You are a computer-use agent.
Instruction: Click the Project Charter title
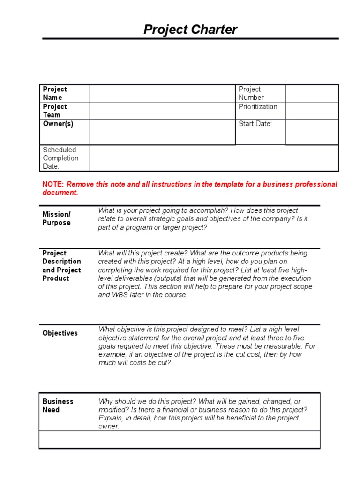[x=190, y=30]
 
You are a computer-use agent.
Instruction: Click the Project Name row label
[x=55, y=93]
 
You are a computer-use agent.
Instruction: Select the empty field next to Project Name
[x=162, y=93]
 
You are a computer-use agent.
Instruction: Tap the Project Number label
[x=251, y=93]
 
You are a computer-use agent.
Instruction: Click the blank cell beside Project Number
[x=312, y=93]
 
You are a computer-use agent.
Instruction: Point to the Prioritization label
[x=258, y=107]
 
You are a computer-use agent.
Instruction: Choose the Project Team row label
[x=55, y=111]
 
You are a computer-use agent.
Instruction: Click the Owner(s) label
[x=58, y=124]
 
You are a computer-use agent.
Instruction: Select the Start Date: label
[x=255, y=124]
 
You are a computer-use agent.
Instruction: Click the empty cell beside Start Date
[x=312, y=132]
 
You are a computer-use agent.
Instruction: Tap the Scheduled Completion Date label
[x=60, y=158]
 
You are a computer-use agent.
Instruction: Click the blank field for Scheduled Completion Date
[x=214, y=158]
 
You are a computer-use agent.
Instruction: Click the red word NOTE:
[x=53, y=184]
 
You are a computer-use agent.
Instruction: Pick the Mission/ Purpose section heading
[x=57, y=218]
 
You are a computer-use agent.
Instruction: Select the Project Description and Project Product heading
[x=61, y=266]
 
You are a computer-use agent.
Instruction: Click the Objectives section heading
[x=60, y=333]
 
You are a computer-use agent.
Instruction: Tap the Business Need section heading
[x=58, y=405]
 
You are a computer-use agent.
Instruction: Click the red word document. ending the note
[x=60, y=193]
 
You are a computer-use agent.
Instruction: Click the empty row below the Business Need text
[x=180, y=440]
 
